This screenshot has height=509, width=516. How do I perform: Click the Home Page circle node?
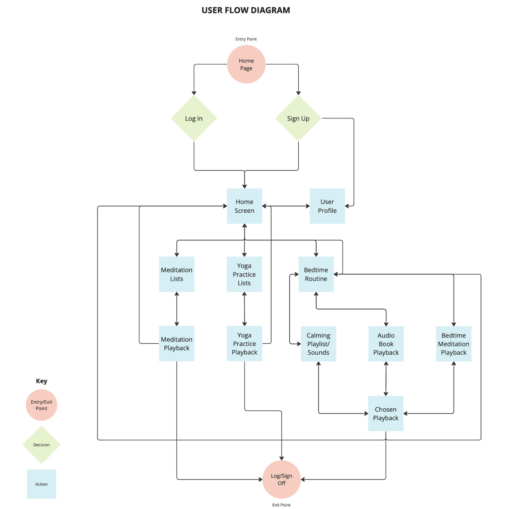coord(246,64)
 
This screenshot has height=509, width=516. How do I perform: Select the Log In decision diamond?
coord(194,119)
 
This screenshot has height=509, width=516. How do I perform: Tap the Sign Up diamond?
coord(298,119)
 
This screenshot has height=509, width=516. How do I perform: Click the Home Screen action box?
coord(244,206)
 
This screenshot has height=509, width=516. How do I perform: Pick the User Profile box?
coord(327,206)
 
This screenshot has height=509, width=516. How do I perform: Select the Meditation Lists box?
coord(177,274)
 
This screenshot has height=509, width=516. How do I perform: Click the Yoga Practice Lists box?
coord(244,274)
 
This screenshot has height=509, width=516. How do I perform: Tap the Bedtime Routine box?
coord(316,274)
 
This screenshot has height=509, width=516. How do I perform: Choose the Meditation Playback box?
coord(177,343)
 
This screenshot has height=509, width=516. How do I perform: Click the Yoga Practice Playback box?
coord(244,343)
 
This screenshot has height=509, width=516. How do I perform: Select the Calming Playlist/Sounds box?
coord(318,344)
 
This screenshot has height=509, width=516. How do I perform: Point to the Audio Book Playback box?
coord(386,344)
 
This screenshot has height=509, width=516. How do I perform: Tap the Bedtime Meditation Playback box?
coord(454,344)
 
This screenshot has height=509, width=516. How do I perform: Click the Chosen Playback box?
coord(386,413)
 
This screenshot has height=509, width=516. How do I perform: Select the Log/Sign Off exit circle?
coord(281,479)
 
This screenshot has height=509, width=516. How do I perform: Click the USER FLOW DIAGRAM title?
coord(246,10)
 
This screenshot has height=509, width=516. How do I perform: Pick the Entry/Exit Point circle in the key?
coord(41,405)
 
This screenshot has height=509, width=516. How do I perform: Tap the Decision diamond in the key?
coord(41,445)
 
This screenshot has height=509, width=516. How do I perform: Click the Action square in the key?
coord(41,484)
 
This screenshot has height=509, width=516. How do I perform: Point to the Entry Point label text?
coord(246,39)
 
